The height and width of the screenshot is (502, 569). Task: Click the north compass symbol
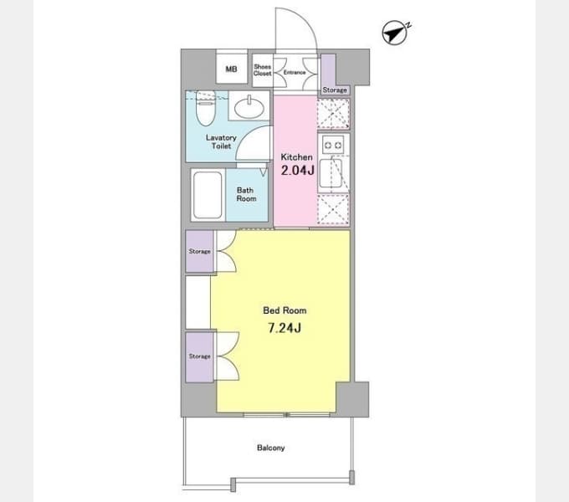(395, 33)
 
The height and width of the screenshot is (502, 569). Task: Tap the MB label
(231, 69)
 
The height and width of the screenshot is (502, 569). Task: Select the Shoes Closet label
(263, 70)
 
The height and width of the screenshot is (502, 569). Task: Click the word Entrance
(295, 73)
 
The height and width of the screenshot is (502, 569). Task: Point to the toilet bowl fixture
(206, 108)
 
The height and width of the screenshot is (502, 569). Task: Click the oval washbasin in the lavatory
(249, 106)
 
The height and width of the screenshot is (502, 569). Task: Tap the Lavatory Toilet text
(221, 142)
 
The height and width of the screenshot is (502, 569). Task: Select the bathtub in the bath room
(208, 195)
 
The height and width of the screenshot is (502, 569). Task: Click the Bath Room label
(246, 194)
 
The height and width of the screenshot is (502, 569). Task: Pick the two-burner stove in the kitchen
(333, 146)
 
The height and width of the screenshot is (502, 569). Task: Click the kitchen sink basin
(331, 173)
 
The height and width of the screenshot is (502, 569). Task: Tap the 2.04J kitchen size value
(298, 170)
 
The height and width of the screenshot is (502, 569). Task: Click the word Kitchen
(296, 157)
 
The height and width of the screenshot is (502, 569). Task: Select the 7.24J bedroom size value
(284, 328)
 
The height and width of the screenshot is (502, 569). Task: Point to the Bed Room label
(284, 310)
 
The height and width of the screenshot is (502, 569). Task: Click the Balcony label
(271, 448)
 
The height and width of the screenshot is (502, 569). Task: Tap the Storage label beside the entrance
(335, 90)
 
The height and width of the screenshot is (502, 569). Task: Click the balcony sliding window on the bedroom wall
(286, 414)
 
